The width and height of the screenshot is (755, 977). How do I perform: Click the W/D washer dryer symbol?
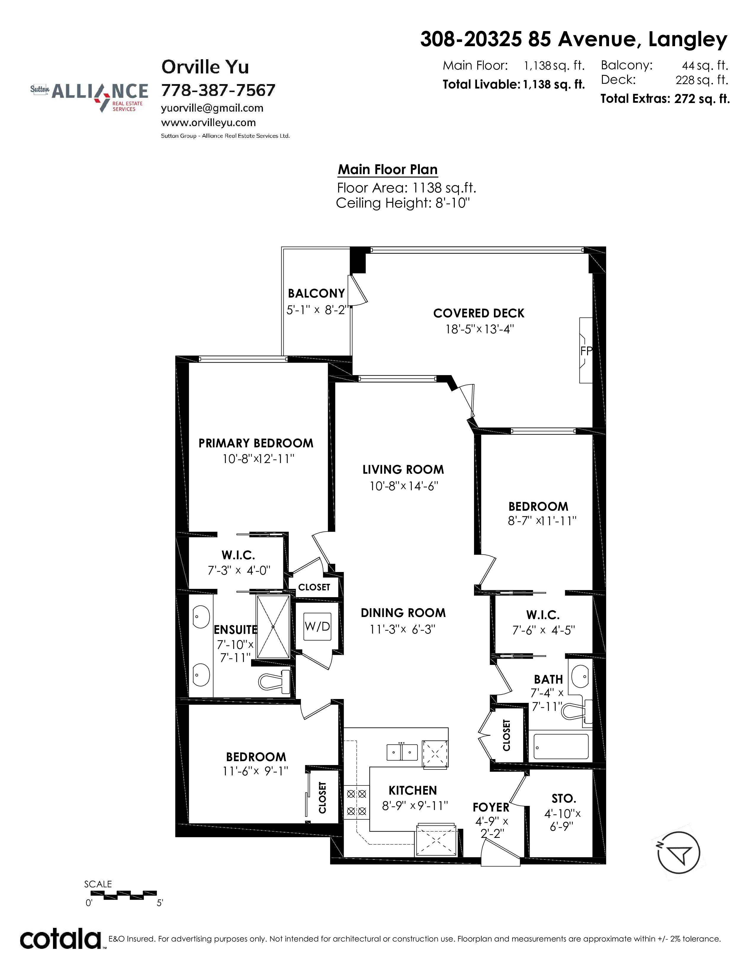[317, 626]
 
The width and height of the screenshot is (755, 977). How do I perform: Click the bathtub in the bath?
[561, 747]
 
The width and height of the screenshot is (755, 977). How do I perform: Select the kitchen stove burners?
[356, 803]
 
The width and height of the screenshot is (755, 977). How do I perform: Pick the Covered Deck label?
[478, 313]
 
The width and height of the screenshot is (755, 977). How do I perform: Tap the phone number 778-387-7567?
[218, 90]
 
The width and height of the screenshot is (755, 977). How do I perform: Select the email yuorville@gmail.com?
[212, 108]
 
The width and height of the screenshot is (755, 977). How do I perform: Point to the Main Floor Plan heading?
[387, 170]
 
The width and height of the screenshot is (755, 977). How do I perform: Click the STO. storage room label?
[563, 798]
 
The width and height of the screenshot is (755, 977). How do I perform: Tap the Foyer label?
[491, 807]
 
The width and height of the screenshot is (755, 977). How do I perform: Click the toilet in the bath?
[577, 710]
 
